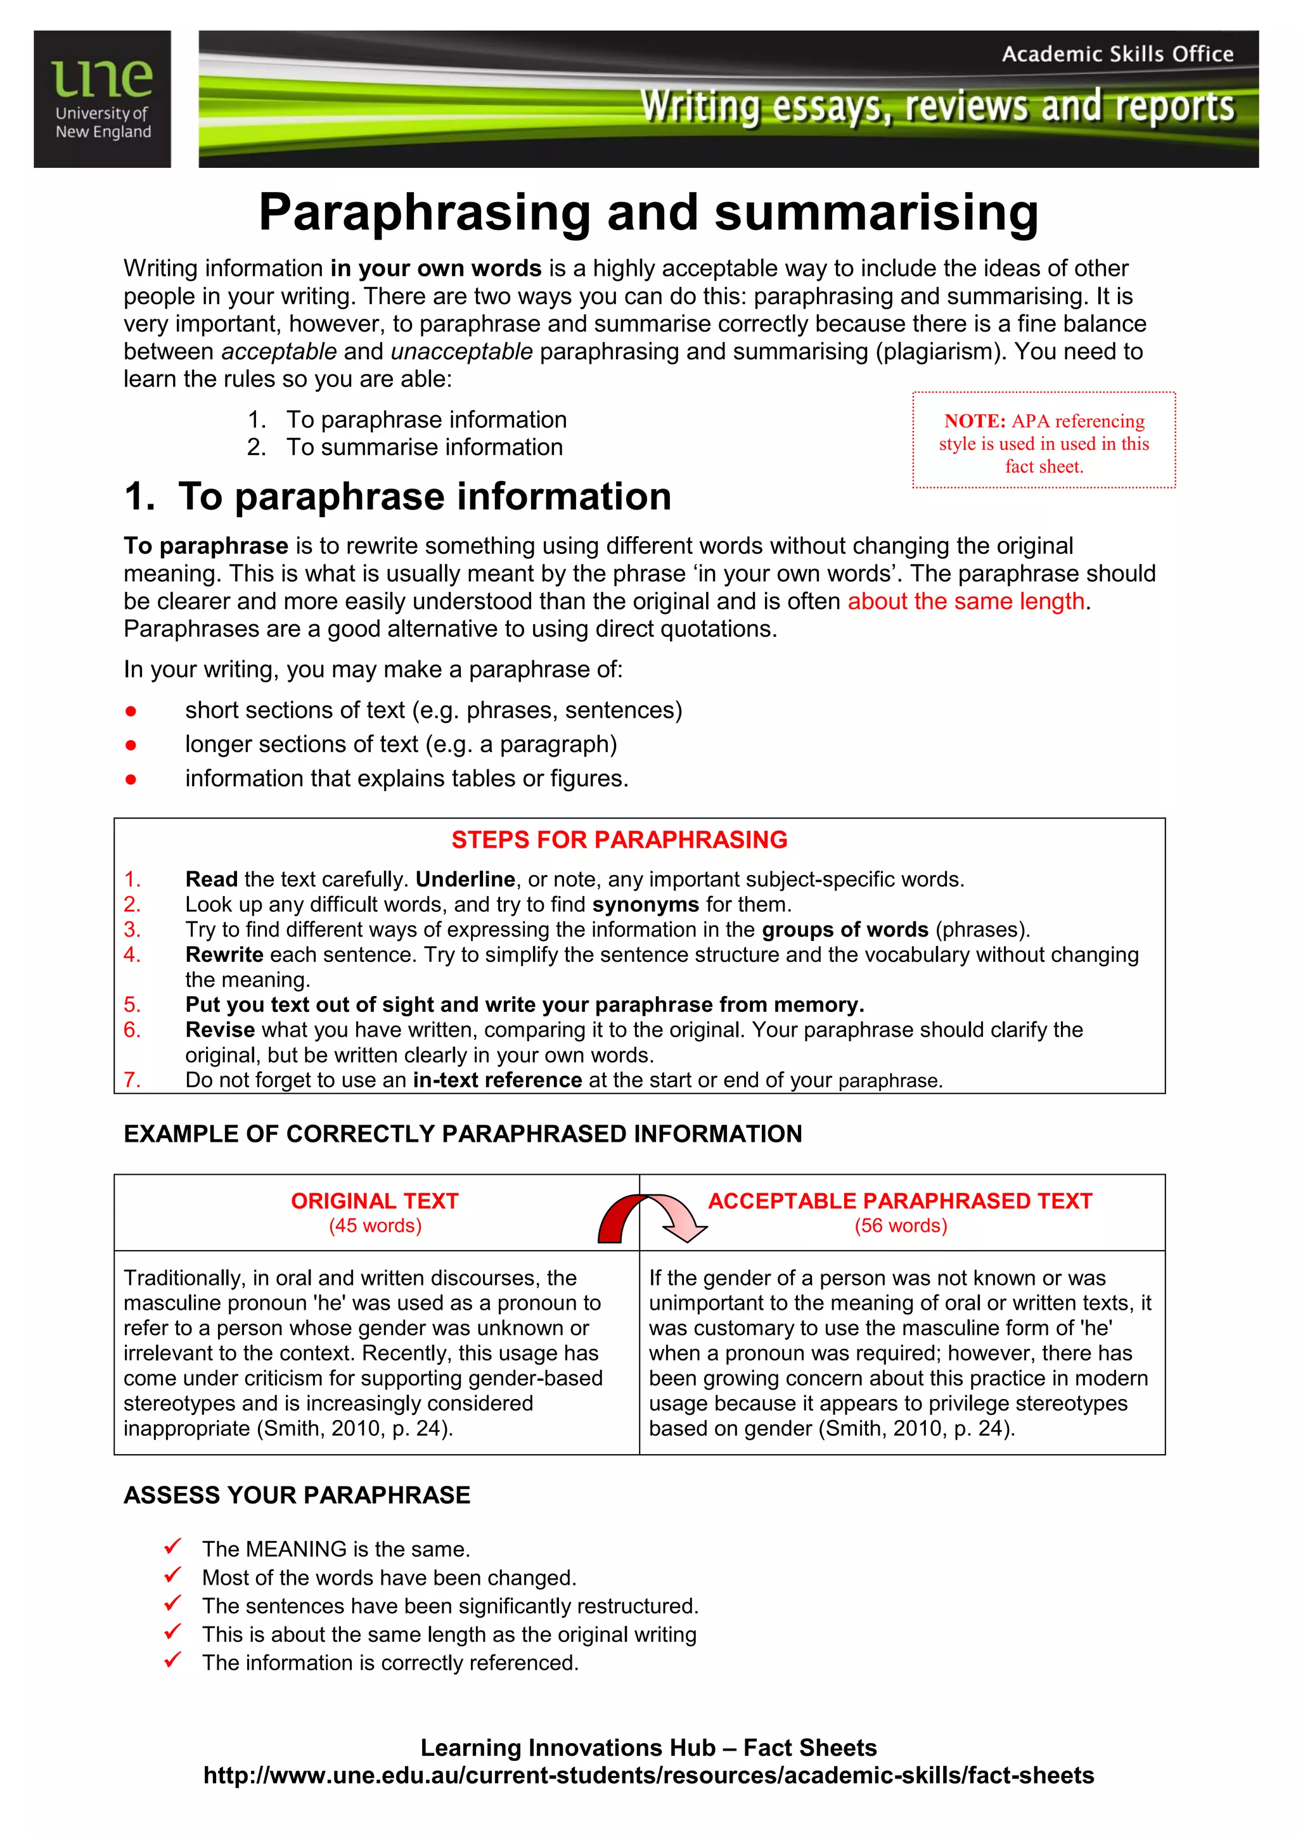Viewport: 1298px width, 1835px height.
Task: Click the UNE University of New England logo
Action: pos(102,99)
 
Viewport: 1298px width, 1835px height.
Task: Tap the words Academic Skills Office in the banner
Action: pos(1117,54)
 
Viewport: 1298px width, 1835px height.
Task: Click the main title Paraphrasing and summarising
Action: pos(648,214)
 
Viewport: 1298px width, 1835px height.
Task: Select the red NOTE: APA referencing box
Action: pos(1043,440)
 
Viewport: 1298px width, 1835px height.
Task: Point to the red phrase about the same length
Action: pos(965,601)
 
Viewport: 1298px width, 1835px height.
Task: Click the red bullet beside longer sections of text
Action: pos(131,745)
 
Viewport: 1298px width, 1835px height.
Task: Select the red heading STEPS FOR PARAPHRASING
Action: pos(619,840)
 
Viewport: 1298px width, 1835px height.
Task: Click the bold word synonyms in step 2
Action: pos(645,905)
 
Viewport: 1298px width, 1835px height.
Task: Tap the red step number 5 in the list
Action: pos(132,1004)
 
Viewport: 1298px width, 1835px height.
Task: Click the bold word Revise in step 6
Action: pos(220,1030)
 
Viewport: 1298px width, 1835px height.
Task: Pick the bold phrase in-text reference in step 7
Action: pos(497,1080)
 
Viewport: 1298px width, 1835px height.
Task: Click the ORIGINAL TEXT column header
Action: pos(374,1201)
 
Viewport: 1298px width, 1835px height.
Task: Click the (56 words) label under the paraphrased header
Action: pos(900,1226)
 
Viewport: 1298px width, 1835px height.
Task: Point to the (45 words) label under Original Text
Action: pos(375,1226)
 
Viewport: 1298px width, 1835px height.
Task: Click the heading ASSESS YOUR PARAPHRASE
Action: pos(297,1495)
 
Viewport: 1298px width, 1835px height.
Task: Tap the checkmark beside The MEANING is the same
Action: pos(172,1547)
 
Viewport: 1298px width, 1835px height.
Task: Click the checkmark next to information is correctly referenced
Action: pos(172,1661)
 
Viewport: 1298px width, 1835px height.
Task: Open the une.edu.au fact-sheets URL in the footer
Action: pos(648,1776)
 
